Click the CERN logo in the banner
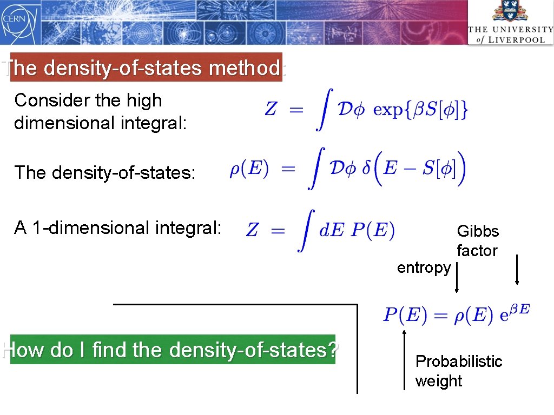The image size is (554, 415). pos(14,21)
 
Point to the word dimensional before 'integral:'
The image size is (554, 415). pos(62,123)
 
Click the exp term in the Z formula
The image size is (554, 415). pos(388,110)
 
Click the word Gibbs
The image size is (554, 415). pos(478,231)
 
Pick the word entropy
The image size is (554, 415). pos(424,267)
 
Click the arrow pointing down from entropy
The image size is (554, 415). pos(457,278)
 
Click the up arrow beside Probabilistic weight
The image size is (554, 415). pos(404,359)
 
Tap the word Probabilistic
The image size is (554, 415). pos(459,361)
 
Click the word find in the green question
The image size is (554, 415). pos(108,350)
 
